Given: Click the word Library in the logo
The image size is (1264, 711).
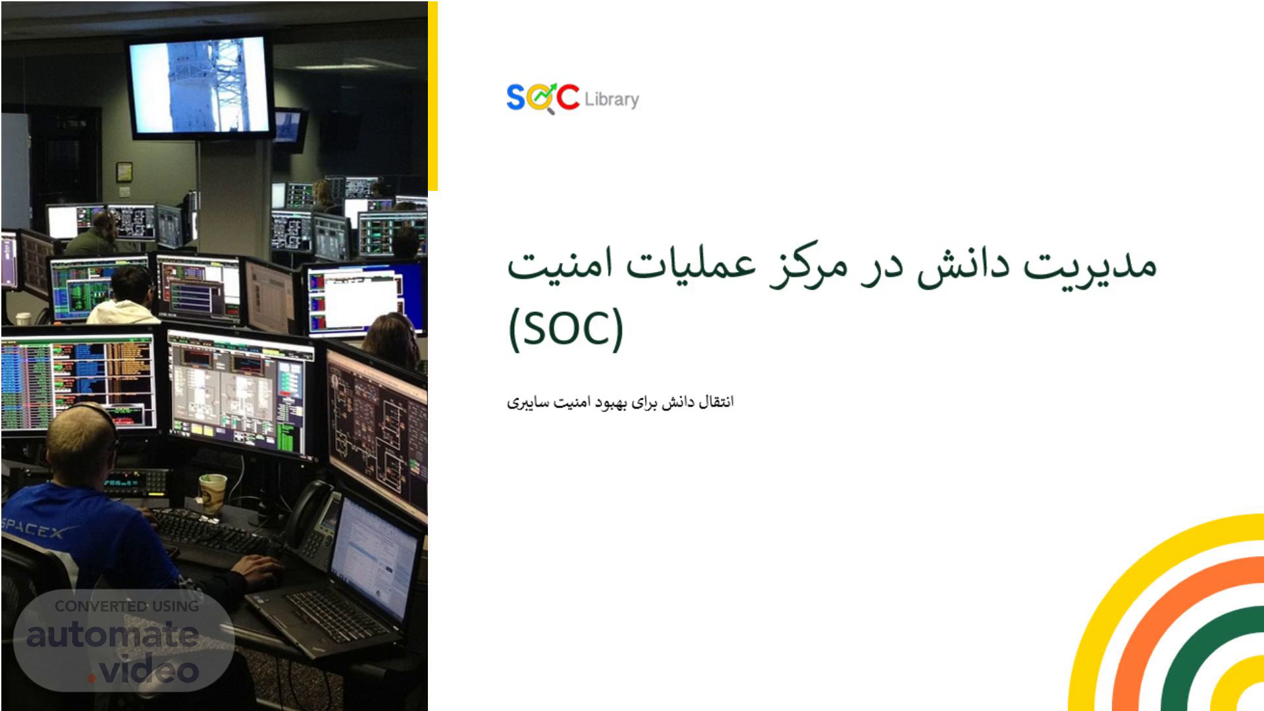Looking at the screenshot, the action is [x=612, y=99].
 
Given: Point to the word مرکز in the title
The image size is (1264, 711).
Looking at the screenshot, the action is [x=813, y=266].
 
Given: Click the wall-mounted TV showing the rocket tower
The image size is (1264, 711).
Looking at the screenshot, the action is [x=200, y=86].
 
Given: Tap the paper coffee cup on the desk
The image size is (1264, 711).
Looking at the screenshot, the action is [x=213, y=493].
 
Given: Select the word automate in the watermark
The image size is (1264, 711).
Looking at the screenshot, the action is [x=112, y=635].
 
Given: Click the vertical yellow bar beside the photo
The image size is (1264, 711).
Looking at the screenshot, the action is [x=433, y=96].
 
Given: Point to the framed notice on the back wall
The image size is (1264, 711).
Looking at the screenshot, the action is [x=124, y=172].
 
